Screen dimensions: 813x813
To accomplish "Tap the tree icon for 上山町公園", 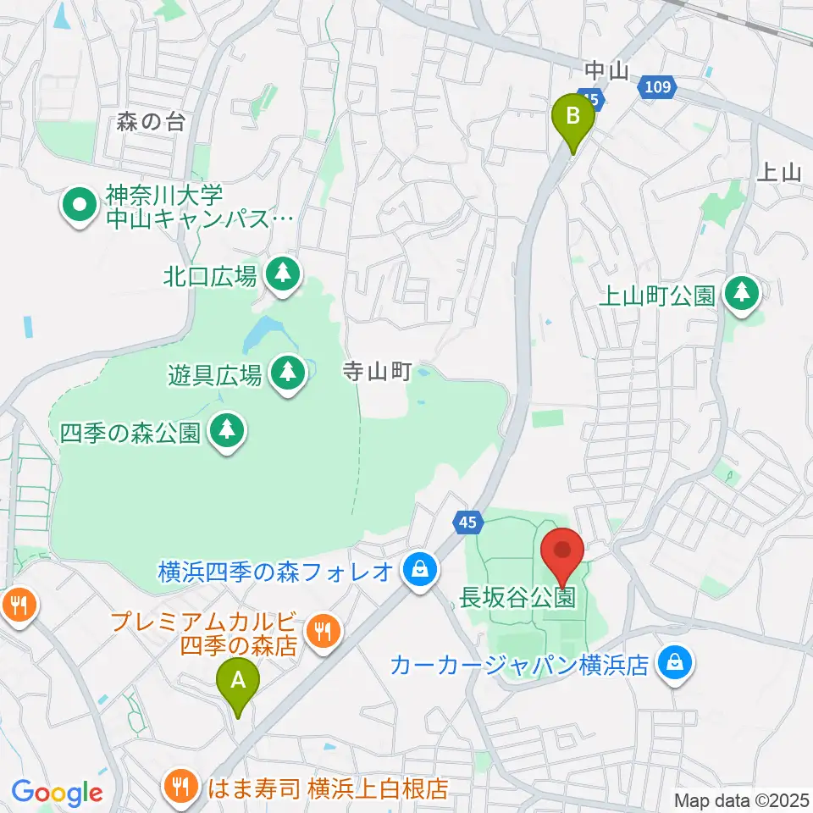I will click(x=743, y=294).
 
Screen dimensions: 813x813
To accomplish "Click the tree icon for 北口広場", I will click(x=282, y=273).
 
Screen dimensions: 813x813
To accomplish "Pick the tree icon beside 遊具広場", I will click(x=288, y=373).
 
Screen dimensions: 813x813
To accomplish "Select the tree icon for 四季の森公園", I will click(x=226, y=432).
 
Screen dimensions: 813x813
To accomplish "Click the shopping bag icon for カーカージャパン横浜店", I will click(x=676, y=662).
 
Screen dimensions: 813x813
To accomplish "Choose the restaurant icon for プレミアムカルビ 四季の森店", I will click(x=323, y=631).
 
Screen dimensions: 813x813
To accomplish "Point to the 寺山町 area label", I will click(x=377, y=370).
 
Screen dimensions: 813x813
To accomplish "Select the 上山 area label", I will click(x=777, y=173).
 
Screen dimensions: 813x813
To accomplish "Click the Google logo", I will click(x=57, y=793).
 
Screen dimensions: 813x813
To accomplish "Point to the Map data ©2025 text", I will click(x=740, y=799).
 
